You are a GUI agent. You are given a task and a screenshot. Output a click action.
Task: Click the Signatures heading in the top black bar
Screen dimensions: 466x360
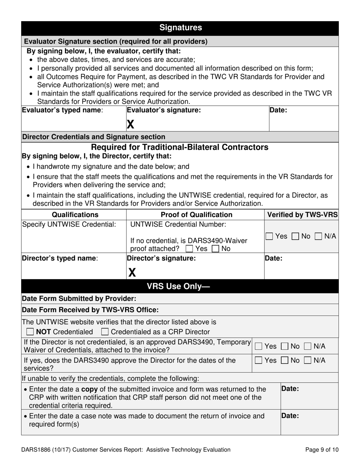point(180,28)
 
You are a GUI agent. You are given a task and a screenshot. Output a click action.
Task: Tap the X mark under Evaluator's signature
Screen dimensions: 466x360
point(130,124)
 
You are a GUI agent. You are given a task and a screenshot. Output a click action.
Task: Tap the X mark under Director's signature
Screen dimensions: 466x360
point(131,272)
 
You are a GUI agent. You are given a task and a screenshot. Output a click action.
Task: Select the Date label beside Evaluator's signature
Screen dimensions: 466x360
point(278,110)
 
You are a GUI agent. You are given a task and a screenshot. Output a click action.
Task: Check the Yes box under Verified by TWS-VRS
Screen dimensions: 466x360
point(269,236)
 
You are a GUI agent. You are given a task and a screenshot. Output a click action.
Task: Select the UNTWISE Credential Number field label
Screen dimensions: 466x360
point(178,224)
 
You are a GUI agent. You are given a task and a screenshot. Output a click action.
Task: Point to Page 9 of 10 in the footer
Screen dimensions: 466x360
point(322,450)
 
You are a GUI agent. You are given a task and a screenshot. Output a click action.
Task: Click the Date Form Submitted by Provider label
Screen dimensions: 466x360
point(79,299)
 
